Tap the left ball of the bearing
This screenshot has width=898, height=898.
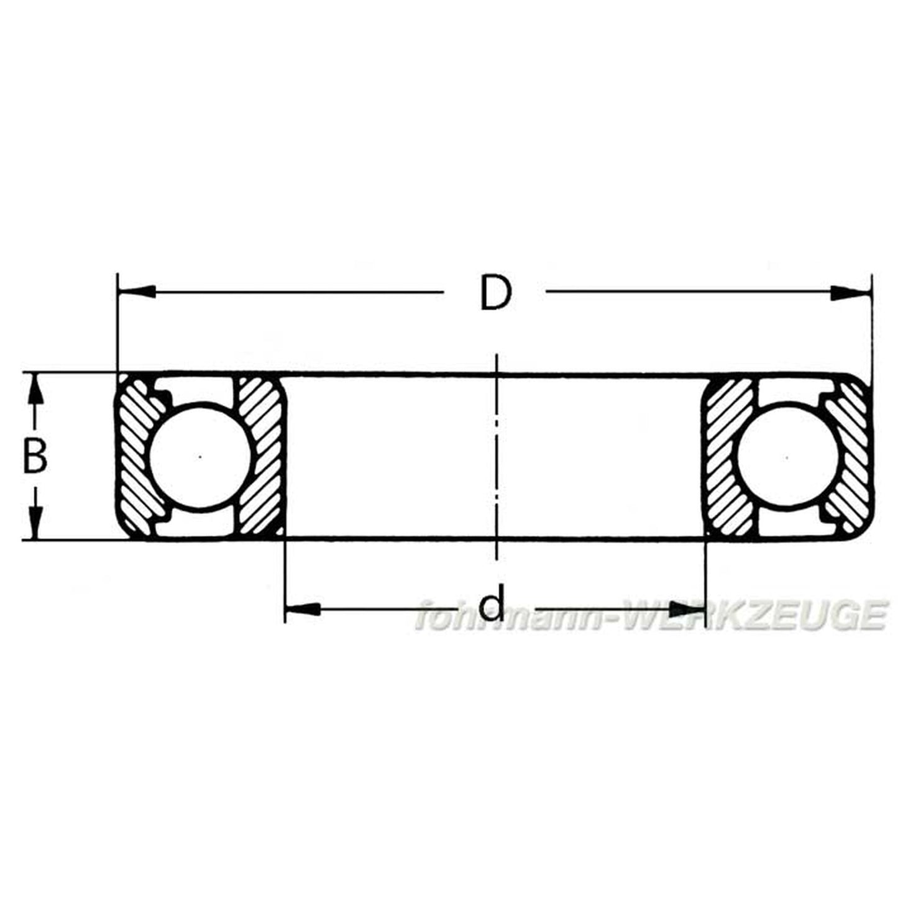pyautogui.click(x=200, y=457)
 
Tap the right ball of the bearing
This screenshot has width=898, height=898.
pyautogui.click(x=787, y=457)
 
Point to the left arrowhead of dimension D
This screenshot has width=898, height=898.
pyautogui.click(x=137, y=292)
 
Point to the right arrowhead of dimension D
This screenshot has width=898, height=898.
pyautogui.click(x=851, y=293)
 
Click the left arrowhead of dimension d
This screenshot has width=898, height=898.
pyautogui.click(x=303, y=609)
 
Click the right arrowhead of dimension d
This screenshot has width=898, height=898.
pyautogui.click(x=687, y=608)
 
